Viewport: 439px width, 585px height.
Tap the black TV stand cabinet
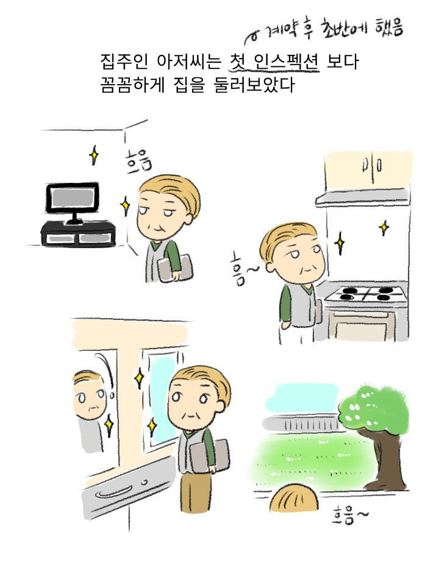coord(78,233)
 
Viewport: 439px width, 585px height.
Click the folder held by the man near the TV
coord(176,267)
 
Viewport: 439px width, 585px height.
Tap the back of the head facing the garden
coord(294,498)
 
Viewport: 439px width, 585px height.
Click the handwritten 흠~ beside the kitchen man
coord(242,271)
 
